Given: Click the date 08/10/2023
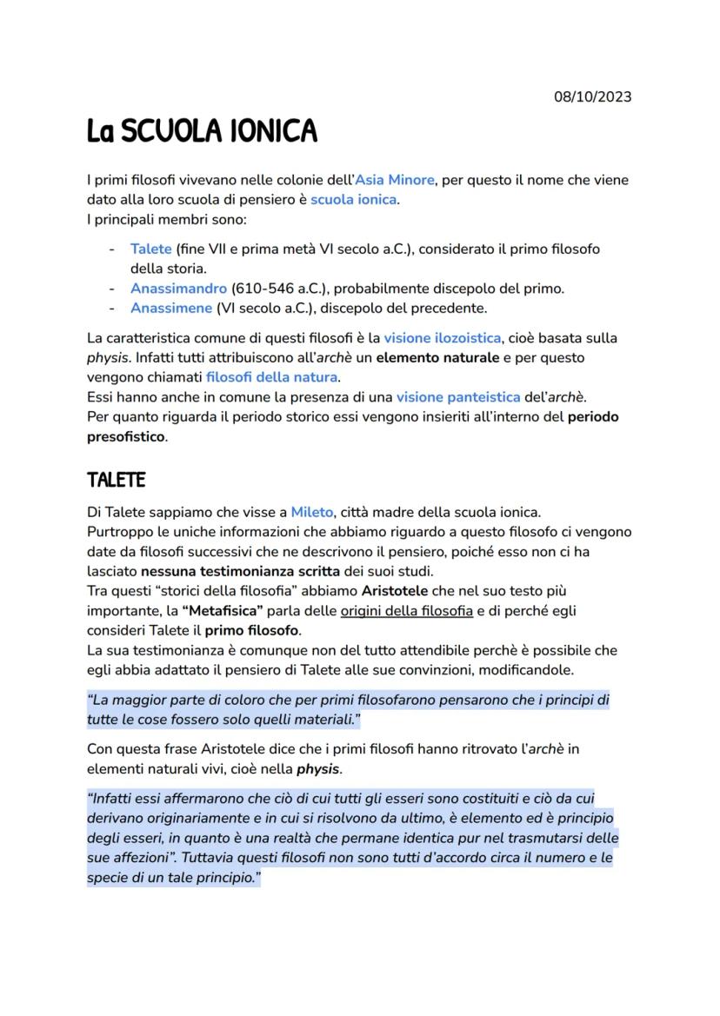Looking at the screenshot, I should (592, 96).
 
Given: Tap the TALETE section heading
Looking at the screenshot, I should (117, 480).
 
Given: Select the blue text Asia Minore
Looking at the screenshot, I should (395, 181).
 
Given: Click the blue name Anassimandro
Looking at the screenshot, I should (177, 288).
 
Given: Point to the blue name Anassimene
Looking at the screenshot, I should (171, 308).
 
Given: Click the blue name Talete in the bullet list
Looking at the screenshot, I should (150, 249).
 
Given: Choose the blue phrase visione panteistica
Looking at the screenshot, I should (457, 397).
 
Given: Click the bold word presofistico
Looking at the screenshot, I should (126, 437).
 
